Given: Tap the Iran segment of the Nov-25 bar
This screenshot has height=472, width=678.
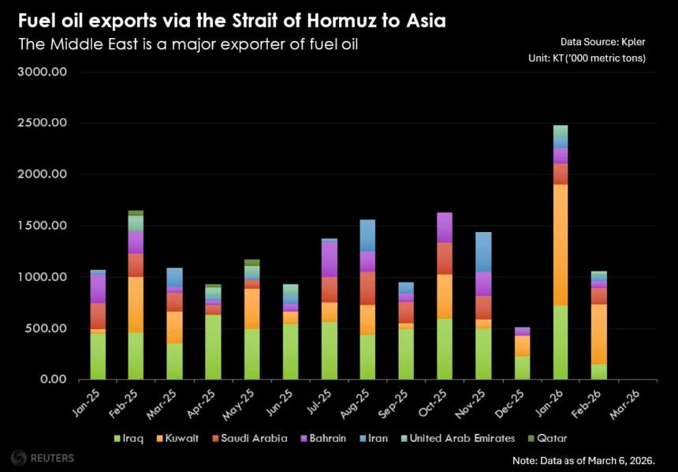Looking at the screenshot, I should point(483,252).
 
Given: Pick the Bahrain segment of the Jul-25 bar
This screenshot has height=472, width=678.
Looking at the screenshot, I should point(329,259).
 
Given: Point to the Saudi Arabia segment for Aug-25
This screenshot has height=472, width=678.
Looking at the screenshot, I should point(367,288).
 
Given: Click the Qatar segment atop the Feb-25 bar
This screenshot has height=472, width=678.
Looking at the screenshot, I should point(136,212).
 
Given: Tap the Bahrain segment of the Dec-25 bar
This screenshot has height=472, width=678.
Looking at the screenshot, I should point(522,331).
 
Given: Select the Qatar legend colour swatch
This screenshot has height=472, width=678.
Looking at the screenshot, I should point(532,438).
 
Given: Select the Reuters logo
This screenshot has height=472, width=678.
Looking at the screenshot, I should point(43,457).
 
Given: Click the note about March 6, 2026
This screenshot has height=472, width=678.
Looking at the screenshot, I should point(594,459).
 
